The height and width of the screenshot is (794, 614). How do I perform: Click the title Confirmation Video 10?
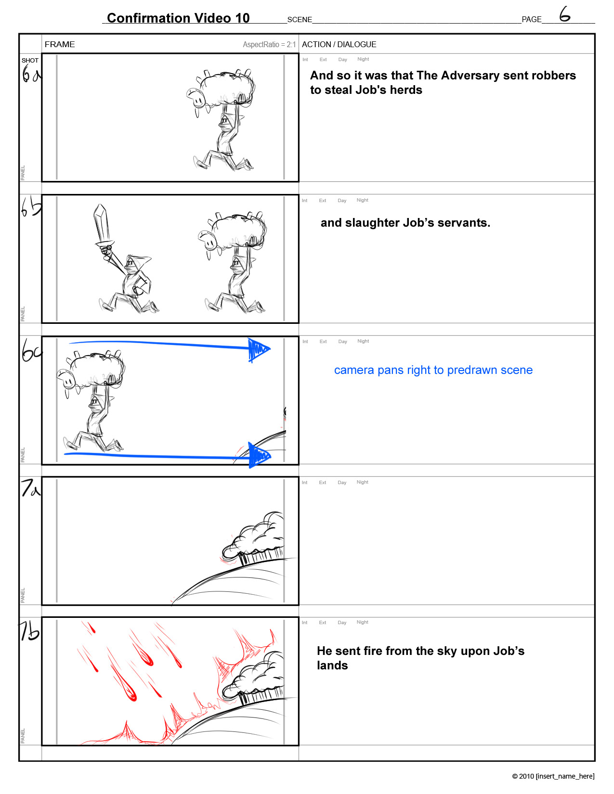178,18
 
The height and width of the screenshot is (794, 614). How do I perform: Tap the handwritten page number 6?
564,14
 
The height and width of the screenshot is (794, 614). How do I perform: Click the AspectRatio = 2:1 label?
269,45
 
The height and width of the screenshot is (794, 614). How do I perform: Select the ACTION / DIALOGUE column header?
339,44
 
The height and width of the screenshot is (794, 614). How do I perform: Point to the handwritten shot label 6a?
31,73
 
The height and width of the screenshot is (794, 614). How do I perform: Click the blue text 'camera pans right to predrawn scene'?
433,370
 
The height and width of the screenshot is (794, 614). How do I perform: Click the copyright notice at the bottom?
553,776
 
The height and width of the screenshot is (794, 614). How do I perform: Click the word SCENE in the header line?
300,19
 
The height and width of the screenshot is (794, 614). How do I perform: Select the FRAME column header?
60,44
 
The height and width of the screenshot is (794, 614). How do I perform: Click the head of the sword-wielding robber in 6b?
136,263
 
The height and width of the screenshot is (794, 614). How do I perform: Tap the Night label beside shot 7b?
363,622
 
